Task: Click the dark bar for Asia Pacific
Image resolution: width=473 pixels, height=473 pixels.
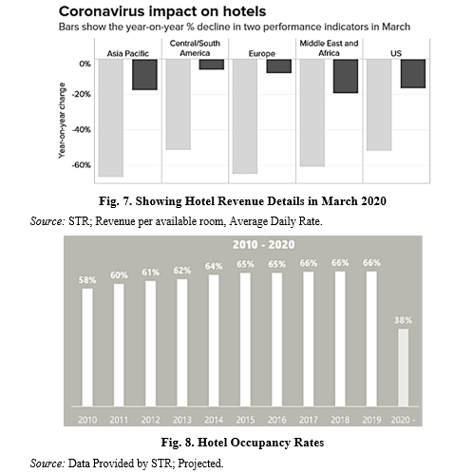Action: [144, 74]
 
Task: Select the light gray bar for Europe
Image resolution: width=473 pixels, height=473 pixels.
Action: [245, 116]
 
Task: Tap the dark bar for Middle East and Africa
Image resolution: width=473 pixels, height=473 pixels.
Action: [346, 76]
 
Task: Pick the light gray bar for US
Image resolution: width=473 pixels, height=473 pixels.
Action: [379, 104]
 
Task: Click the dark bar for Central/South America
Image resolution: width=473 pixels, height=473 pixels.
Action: [212, 65]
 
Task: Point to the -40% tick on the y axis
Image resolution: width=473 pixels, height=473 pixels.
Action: [82, 129]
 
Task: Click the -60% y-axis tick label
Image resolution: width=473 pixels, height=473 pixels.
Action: [82, 165]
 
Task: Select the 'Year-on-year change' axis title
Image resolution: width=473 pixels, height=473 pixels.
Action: [62, 121]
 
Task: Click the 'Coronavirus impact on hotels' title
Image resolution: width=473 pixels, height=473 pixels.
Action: [162, 11]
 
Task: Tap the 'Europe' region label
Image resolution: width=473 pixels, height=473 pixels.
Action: [262, 54]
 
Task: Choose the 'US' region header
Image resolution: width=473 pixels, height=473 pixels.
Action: [396, 53]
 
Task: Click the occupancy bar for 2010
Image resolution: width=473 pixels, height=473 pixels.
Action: [87, 348]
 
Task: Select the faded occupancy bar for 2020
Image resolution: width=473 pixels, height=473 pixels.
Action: [403, 368]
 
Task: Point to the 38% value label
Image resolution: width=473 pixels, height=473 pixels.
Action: [403, 320]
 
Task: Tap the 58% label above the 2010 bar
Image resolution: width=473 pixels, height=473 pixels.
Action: [87, 280]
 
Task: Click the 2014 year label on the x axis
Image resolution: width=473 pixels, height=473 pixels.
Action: [214, 420]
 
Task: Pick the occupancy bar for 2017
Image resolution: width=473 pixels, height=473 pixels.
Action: [309, 339]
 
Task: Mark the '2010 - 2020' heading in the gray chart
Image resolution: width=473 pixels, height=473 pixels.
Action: [264, 245]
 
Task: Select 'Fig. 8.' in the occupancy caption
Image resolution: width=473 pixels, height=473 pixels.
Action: [178, 443]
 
